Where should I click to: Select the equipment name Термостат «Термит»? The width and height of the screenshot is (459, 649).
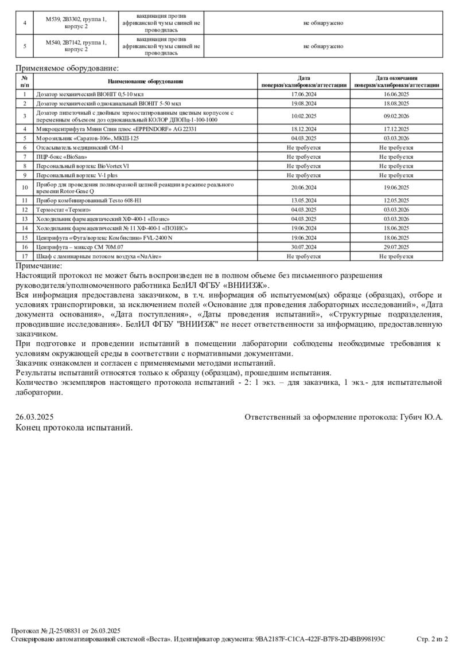(64, 210)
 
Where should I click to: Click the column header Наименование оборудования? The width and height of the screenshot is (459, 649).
(145, 81)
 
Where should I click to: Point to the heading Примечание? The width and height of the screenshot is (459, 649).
(38, 265)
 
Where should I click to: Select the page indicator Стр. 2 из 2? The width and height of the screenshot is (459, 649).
(431, 639)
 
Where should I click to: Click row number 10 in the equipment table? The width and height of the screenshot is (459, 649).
(25, 187)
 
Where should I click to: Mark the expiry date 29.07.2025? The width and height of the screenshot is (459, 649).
(396, 247)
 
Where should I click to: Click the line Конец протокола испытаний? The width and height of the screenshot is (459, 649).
(74, 427)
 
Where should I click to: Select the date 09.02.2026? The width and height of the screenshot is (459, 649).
(396, 116)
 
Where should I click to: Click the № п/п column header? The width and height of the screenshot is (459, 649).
(25, 81)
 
